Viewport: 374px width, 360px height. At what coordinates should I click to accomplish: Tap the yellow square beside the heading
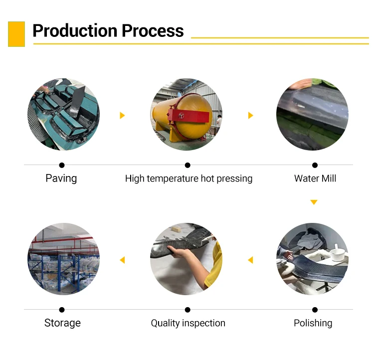point(16,34)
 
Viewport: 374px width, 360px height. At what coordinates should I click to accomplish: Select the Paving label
point(61,178)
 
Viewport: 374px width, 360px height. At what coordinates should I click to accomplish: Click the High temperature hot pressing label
point(188,178)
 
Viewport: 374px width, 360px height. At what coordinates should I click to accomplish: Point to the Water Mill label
point(315,178)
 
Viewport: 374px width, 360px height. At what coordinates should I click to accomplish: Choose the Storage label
point(62,323)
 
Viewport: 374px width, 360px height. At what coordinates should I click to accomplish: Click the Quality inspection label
point(188,323)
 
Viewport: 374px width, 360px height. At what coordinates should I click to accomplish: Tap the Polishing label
point(313,323)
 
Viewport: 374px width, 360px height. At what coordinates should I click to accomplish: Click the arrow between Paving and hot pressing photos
point(122,116)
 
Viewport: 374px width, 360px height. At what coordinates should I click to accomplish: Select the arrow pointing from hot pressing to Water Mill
point(251,116)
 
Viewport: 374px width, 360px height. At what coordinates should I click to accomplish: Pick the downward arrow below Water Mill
point(314,202)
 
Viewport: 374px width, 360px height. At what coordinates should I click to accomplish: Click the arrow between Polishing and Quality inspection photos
point(250,260)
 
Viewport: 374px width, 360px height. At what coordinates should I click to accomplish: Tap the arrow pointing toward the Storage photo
point(122,260)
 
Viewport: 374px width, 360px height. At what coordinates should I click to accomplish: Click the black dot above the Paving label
point(62,165)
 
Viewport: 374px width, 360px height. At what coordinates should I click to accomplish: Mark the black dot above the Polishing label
point(315,310)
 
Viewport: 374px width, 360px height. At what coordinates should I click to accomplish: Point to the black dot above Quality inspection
point(187,310)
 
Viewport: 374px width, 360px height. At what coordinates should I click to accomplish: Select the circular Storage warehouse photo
point(63,259)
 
